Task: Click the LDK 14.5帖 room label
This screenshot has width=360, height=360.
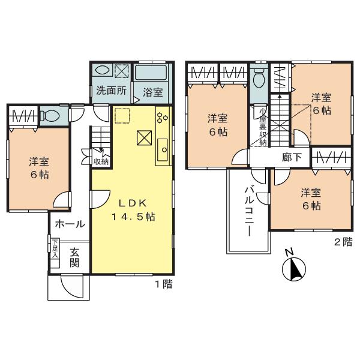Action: point(132,209)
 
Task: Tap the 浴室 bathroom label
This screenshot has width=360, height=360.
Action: point(152,92)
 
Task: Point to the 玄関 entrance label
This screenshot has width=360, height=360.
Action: point(74,257)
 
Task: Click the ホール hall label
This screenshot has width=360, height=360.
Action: point(70,224)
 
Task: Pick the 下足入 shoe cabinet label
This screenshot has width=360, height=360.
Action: point(54,248)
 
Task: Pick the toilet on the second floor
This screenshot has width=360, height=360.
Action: point(259,78)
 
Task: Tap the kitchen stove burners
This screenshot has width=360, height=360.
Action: point(163,117)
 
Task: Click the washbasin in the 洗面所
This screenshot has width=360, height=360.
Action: point(102,70)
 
